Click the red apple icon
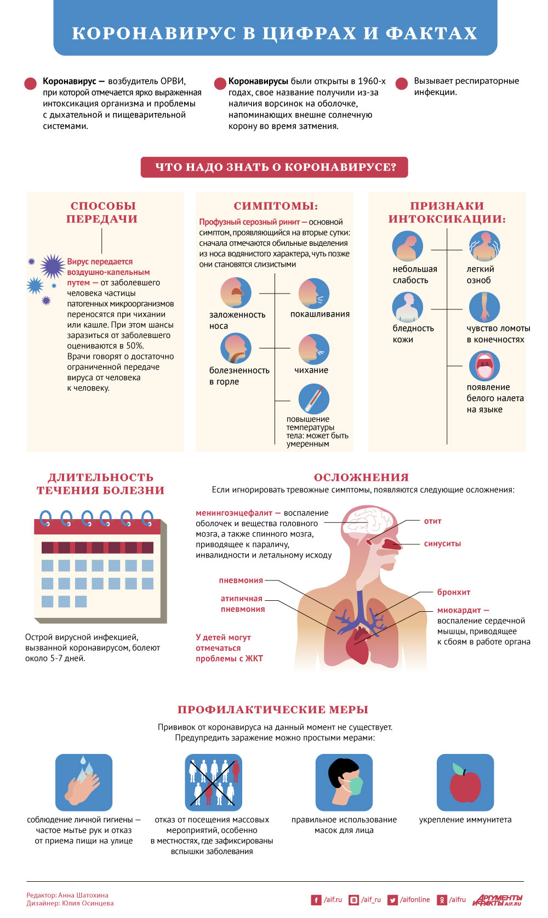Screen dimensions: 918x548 (x=465, y=782)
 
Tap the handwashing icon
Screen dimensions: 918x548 (x=84, y=782)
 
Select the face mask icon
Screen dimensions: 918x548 (x=344, y=782)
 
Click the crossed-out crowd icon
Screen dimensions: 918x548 (x=213, y=782)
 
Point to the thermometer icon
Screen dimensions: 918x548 (x=314, y=399)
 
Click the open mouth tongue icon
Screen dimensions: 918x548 (x=484, y=365)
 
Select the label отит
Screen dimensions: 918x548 (x=432, y=521)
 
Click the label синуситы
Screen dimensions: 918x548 (x=442, y=544)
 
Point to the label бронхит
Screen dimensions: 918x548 (x=454, y=592)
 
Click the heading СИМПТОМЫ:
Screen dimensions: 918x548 (x=276, y=206)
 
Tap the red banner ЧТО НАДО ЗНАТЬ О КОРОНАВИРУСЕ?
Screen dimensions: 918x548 (x=275, y=167)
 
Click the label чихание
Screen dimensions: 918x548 (x=311, y=370)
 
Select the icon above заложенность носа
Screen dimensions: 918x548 (x=236, y=292)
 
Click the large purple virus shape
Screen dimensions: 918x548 (x=53, y=266)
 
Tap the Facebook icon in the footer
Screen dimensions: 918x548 (x=316, y=900)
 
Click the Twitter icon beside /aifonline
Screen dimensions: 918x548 (x=392, y=900)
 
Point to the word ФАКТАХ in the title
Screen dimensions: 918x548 (x=431, y=33)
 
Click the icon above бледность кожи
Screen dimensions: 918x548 (x=408, y=307)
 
